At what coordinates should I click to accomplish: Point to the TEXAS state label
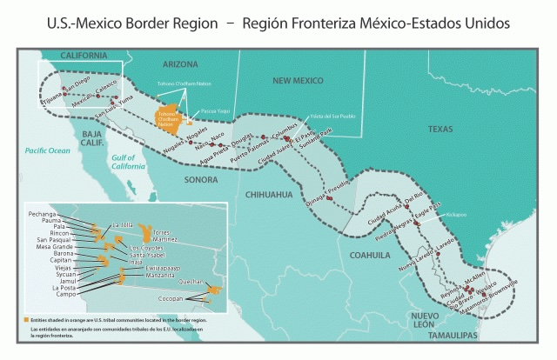(443, 128)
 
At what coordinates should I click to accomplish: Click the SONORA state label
(201, 180)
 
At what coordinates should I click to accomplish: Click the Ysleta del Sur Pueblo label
(333, 116)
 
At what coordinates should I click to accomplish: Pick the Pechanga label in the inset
(43, 213)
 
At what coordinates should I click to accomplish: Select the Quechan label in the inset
(194, 283)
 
